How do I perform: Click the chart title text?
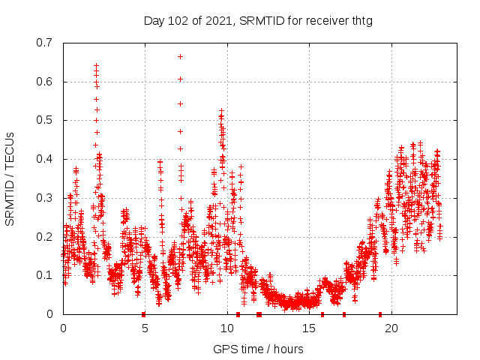(258, 20)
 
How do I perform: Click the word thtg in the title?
(360, 20)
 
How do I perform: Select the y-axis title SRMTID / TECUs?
(10, 178)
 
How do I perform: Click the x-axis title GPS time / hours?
(258, 349)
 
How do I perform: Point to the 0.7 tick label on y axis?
(46, 43)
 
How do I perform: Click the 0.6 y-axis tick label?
(46, 82)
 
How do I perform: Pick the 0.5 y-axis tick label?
(46, 120)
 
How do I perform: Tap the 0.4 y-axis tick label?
(46, 159)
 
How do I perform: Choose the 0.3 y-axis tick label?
(46, 198)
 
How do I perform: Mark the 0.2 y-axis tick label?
(46, 236)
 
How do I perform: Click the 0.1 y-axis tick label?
(46, 275)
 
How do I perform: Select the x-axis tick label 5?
(145, 328)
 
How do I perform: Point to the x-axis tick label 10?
(227, 328)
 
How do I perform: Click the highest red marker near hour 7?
(180, 56)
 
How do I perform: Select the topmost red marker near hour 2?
(96, 66)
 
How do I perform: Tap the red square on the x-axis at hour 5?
(143, 314)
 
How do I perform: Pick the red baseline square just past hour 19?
(380, 314)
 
